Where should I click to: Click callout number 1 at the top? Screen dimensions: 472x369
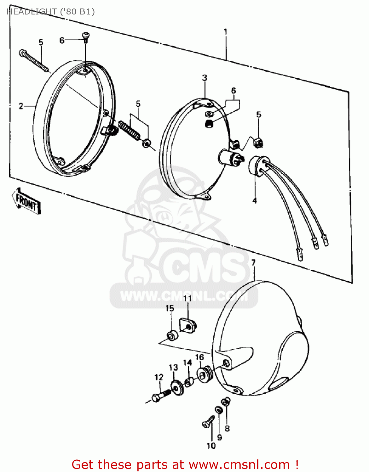coord(226,32)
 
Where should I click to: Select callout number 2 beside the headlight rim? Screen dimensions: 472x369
coord(21,106)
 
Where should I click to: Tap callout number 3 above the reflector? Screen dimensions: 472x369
coord(205,78)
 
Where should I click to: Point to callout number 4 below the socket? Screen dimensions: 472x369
coord(255,200)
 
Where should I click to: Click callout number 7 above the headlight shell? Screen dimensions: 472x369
coord(253,262)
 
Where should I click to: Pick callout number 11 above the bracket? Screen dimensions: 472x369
coord(187,298)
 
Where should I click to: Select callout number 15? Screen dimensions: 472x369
coord(170,308)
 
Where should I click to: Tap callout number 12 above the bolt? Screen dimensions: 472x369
coord(159,377)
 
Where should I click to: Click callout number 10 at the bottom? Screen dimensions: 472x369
coord(211,446)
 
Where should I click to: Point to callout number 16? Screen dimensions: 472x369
coord(199,357)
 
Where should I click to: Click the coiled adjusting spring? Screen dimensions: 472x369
coord(129,130)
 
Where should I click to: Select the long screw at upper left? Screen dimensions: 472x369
coord(34,60)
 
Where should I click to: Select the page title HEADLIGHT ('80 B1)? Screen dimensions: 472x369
coord(50,12)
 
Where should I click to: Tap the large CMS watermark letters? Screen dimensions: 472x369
coord(205,267)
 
